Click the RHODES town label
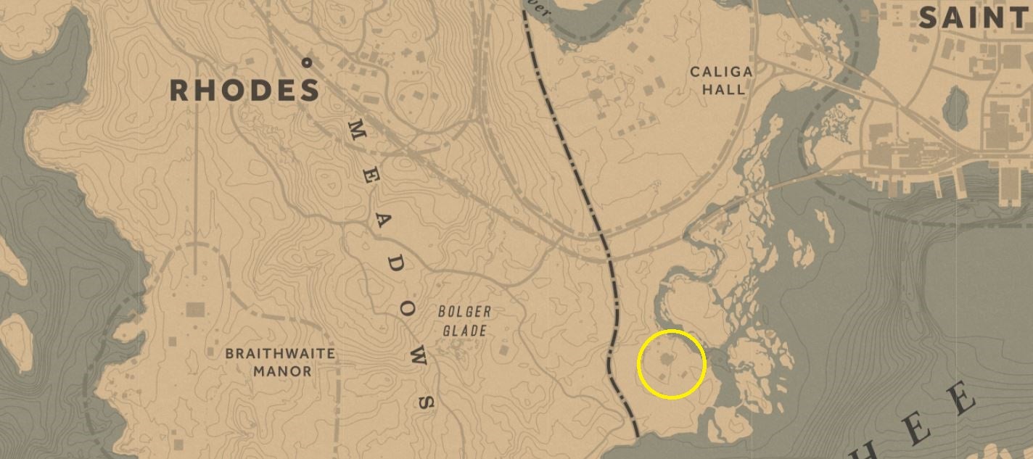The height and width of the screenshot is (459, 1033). pos(244,91)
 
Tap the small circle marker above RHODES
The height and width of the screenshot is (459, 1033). pos(307,63)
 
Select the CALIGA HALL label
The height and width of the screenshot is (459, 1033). pos(721,80)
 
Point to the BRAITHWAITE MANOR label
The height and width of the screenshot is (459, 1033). pos(280,363)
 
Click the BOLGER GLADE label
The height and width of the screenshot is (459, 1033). pos(464,321)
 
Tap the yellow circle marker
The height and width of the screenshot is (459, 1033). pos(672,364)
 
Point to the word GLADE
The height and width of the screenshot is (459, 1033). pos(465,331)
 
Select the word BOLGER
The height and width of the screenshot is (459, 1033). pos(464,312)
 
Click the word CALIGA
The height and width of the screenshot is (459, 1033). pos(721,72)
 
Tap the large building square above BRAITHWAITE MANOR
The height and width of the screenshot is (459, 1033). pos(195,310)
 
